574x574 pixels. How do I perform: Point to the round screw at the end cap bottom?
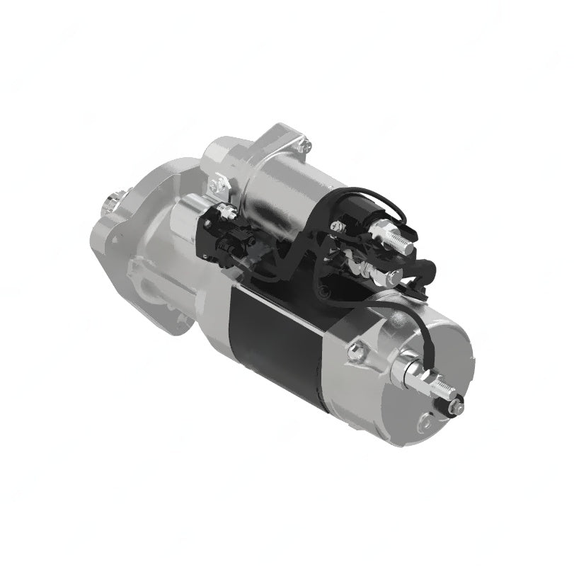coord(425,423)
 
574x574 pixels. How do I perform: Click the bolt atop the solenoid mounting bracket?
coord(304,147)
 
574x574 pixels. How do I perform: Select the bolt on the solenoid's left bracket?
coord(219,185)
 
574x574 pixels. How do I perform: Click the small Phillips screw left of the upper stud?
coord(338,226)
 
